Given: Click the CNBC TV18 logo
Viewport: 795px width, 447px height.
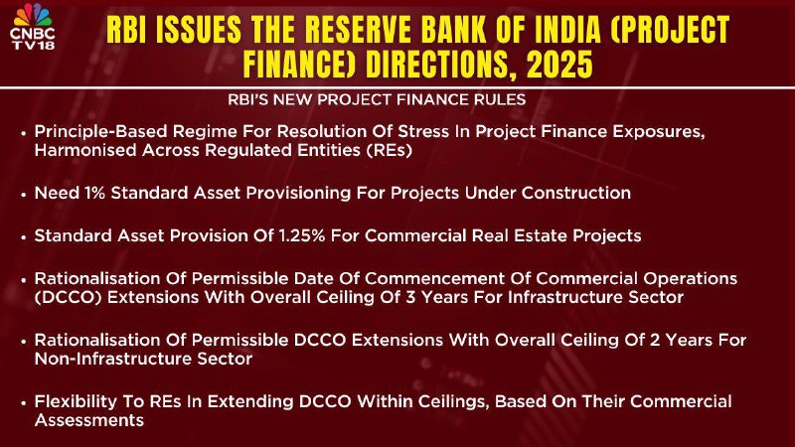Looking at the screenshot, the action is [33, 27].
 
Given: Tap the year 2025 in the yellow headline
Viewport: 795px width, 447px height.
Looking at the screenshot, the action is [559, 65].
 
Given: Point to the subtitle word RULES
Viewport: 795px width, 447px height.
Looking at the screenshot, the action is [500, 99].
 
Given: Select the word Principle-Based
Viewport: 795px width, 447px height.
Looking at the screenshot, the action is [100, 132].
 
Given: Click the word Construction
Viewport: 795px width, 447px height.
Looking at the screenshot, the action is [576, 193].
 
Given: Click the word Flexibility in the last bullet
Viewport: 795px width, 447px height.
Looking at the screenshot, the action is [76, 401].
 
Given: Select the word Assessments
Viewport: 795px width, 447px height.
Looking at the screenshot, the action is [89, 420].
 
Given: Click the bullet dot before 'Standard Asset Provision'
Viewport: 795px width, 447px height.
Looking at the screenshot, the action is [23, 236].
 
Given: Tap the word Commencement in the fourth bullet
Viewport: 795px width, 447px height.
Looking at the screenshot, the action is [434, 279].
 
